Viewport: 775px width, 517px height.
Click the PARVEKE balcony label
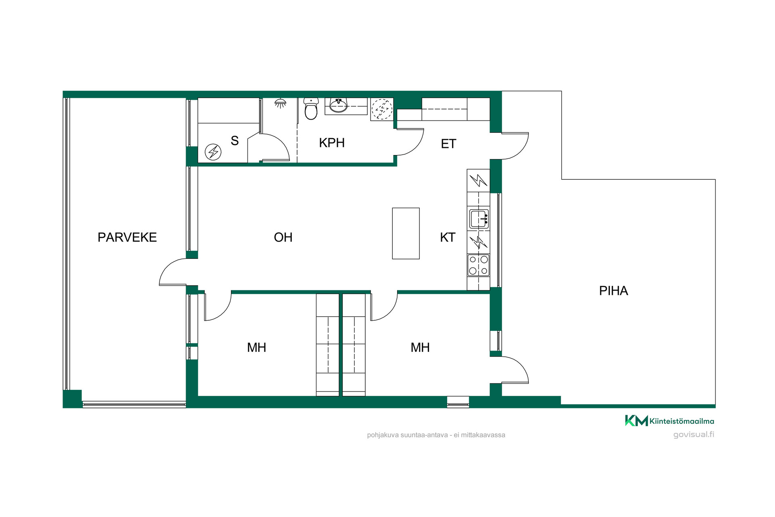pyautogui.click(x=127, y=237)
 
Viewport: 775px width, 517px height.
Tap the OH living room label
pyautogui.click(x=283, y=237)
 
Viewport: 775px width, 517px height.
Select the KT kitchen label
pyautogui.click(x=448, y=237)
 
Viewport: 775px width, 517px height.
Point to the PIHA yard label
pyautogui.click(x=614, y=291)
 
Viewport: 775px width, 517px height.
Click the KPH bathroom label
pyautogui.click(x=332, y=143)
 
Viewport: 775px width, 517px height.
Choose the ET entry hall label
pyautogui.click(x=448, y=144)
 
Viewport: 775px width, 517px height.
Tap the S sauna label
pyautogui.click(x=235, y=141)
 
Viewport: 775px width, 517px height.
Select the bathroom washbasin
pyautogui.click(x=338, y=105)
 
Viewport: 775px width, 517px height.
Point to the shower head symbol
pyautogui.click(x=280, y=103)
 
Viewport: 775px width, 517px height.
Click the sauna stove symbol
pyautogui.click(x=213, y=152)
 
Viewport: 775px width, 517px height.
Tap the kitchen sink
pyautogui.click(x=479, y=219)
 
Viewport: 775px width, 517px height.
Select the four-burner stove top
pyautogui.click(x=478, y=265)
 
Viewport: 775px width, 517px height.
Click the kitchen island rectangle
pyautogui.click(x=406, y=233)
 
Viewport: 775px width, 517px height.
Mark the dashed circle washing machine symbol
pyautogui.click(x=381, y=109)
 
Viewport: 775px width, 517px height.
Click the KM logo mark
pyautogui.click(x=637, y=421)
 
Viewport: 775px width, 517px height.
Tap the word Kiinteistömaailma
pyautogui.click(x=682, y=421)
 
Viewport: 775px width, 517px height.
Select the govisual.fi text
pyautogui.click(x=694, y=435)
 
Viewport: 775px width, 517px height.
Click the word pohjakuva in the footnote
pyautogui.click(x=383, y=435)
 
